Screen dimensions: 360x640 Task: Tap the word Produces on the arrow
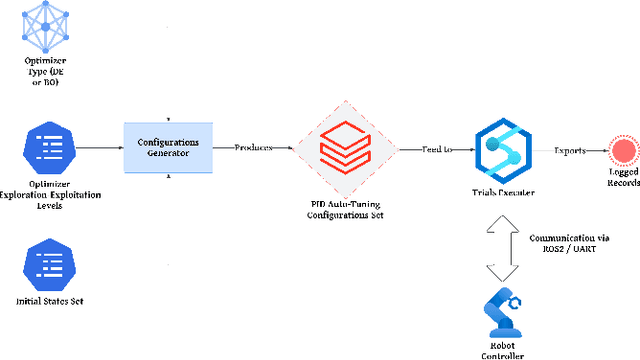(254, 148)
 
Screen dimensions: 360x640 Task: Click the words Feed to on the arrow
(435, 148)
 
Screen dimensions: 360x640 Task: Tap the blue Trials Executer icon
(502, 148)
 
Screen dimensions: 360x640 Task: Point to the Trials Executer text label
(502, 193)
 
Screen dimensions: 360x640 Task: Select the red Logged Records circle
(625, 149)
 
